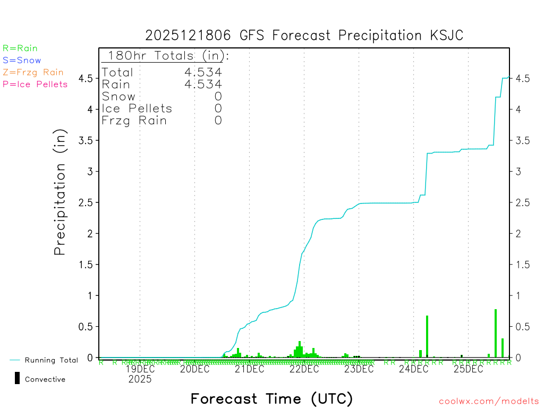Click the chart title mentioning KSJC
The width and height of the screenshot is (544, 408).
(x=304, y=36)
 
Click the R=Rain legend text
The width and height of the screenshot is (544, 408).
(x=20, y=48)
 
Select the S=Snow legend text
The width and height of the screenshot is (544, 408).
(x=22, y=61)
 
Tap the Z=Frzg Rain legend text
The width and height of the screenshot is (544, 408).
(x=33, y=72)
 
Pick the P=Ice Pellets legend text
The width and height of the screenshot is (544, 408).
(x=35, y=84)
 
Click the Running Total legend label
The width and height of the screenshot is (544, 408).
(x=51, y=360)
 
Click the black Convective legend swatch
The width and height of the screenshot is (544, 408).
(x=18, y=378)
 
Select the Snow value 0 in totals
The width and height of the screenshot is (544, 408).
(x=218, y=96)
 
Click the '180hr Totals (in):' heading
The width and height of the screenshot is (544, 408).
(x=167, y=56)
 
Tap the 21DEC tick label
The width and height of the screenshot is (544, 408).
(x=249, y=369)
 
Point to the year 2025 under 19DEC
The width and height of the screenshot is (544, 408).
(x=140, y=379)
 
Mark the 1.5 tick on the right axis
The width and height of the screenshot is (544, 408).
(x=522, y=264)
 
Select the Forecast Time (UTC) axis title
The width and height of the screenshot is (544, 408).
(x=271, y=398)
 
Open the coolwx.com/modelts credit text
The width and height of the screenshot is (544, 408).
(x=489, y=402)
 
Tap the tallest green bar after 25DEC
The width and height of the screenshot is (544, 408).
(x=496, y=333)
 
